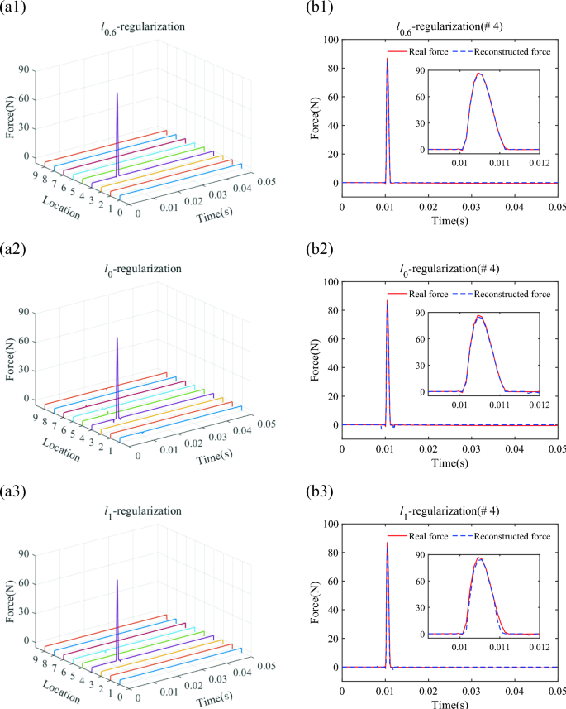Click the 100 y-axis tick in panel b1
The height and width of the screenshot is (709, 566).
coord(329,40)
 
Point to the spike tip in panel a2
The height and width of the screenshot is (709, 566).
coord(117,337)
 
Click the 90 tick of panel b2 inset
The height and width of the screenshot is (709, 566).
coord(415,314)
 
